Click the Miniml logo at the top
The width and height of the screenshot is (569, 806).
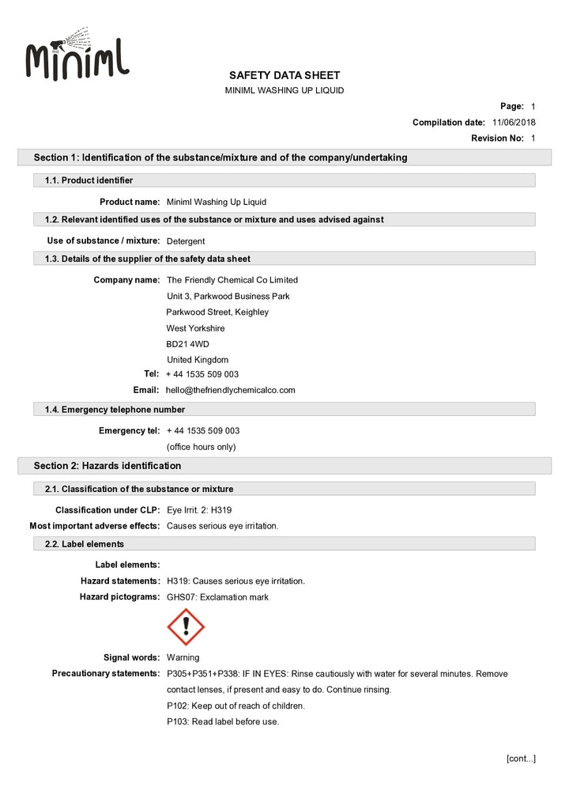(77, 57)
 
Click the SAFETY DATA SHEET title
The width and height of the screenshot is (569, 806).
(284, 75)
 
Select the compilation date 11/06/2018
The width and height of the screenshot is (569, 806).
(514, 123)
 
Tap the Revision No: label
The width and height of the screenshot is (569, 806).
(497, 138)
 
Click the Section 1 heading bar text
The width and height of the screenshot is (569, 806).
(220, 157)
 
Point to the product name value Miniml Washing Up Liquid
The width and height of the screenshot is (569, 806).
(217, 202)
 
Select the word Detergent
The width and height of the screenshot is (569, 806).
(187, 240)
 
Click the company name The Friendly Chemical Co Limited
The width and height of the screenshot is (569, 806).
(232, 280)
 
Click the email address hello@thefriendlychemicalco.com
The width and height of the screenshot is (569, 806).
(231, 390)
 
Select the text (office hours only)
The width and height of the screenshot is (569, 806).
(201, 447)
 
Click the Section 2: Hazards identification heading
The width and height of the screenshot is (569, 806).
(107, 466)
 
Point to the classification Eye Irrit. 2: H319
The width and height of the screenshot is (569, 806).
(199, 510)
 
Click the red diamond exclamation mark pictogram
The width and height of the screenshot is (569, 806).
(186, 627)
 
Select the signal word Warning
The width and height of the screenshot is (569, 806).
(183, 657)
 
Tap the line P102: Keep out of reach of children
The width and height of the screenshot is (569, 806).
(236, 706)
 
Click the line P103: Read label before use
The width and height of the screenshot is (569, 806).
(223, 721)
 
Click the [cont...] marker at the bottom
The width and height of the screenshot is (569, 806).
(521, 759)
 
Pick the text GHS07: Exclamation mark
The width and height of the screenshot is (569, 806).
(217, 597)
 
